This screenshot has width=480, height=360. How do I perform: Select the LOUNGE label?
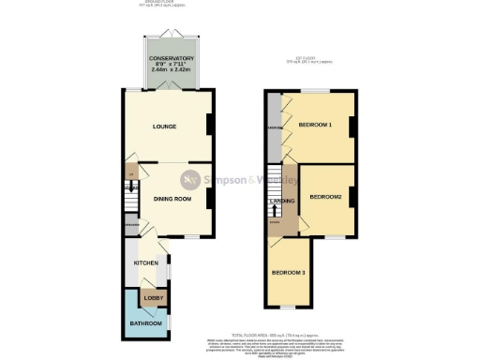click(165, 127)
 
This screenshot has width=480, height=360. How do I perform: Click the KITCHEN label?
click(144, 263)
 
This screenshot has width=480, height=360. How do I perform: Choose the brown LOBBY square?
click(153, 298)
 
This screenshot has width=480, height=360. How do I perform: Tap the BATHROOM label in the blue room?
click(144, 323)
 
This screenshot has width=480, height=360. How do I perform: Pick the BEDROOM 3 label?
click(289, 273)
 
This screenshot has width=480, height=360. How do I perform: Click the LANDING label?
click(282, 202)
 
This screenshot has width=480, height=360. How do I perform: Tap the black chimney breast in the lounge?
click(209, 125)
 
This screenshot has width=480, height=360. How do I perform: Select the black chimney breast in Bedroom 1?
click(352, 127)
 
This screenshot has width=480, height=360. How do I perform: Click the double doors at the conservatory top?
click(169, 35)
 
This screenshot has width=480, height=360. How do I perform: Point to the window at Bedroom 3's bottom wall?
click(288, 307)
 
